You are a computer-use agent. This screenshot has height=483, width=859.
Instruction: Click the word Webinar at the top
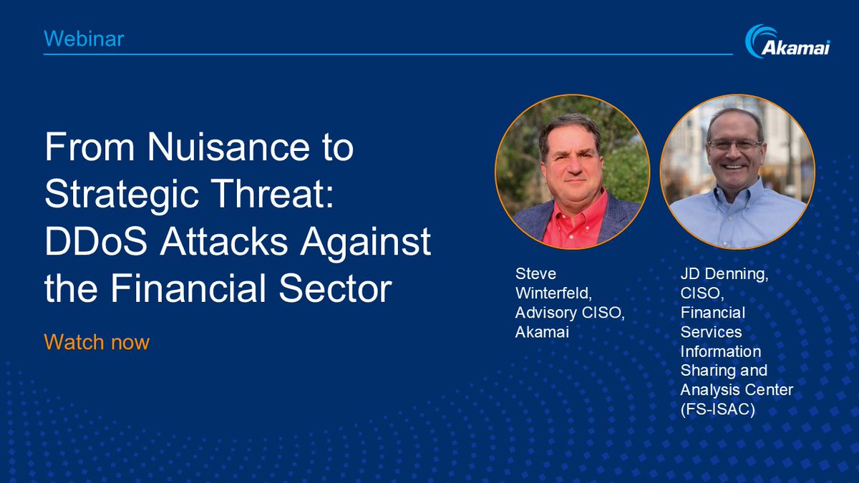84,39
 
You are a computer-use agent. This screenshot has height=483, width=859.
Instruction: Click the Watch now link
97,342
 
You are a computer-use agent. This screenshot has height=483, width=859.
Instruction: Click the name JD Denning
724,274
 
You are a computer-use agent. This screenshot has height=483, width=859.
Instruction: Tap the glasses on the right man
735,144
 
